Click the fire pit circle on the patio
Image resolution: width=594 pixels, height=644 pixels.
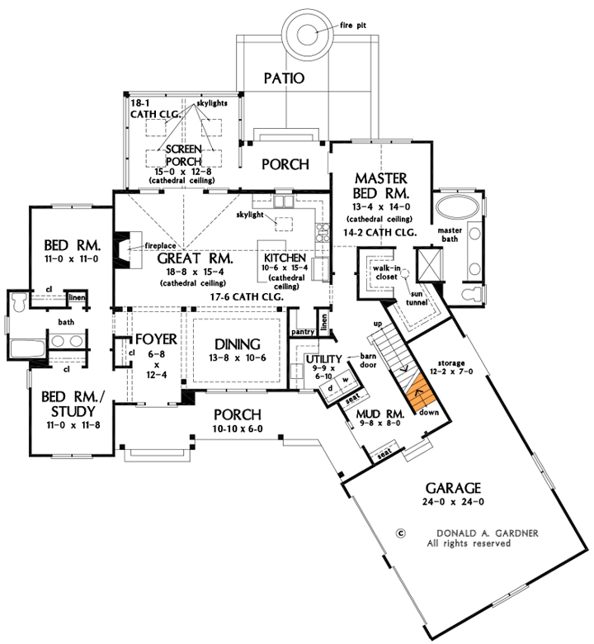coord(308,34)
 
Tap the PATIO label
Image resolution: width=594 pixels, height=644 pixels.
coord(284,79)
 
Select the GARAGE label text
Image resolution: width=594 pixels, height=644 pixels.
coord(449,487)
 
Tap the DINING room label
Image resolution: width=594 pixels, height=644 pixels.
coord(238,344)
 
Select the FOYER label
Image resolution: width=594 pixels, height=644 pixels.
coord(152,339)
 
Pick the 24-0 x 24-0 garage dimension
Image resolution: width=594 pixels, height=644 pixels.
coord(448,501)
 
